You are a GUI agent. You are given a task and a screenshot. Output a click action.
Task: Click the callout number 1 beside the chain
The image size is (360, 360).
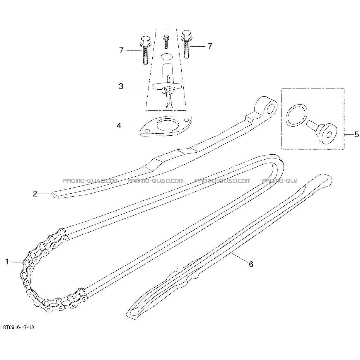7,262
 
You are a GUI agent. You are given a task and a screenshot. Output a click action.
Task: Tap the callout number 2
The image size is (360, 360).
35,194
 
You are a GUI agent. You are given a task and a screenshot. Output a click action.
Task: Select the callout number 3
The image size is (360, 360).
121,86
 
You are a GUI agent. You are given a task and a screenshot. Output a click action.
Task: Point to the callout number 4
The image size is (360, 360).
119,126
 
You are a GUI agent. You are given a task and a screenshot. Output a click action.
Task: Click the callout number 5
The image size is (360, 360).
357,134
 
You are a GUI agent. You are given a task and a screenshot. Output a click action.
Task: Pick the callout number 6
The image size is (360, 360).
251,269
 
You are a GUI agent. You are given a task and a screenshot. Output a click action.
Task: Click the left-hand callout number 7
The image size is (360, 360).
122,50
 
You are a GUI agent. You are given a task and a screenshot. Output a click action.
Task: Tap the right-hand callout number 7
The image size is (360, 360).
210,46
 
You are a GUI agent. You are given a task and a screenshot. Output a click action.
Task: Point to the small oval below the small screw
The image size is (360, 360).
166,57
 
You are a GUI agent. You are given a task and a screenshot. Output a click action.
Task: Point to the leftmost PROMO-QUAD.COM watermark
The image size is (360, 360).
90,181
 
